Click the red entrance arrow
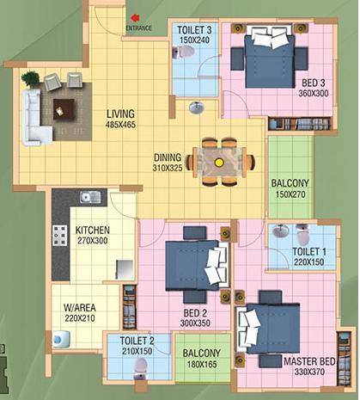(135, 18)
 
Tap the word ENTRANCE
(138, 28)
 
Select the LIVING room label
(120, 114)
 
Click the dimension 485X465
(120, 125)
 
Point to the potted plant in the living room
(30, 79)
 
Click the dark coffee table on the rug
(64, 109)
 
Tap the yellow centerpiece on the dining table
(219, 163)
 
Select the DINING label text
(168, 157)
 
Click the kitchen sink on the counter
(90, 197)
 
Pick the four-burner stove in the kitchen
(60, 236)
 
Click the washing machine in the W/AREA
(61, 339)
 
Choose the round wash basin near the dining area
(197, 108)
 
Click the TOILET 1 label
(309, 252)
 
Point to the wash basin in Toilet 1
(281, 231)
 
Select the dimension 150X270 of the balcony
(290, 194)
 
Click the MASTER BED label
(309, 361)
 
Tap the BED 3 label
(314, 83)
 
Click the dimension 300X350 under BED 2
(195, 323)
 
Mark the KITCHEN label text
(93, 231)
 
